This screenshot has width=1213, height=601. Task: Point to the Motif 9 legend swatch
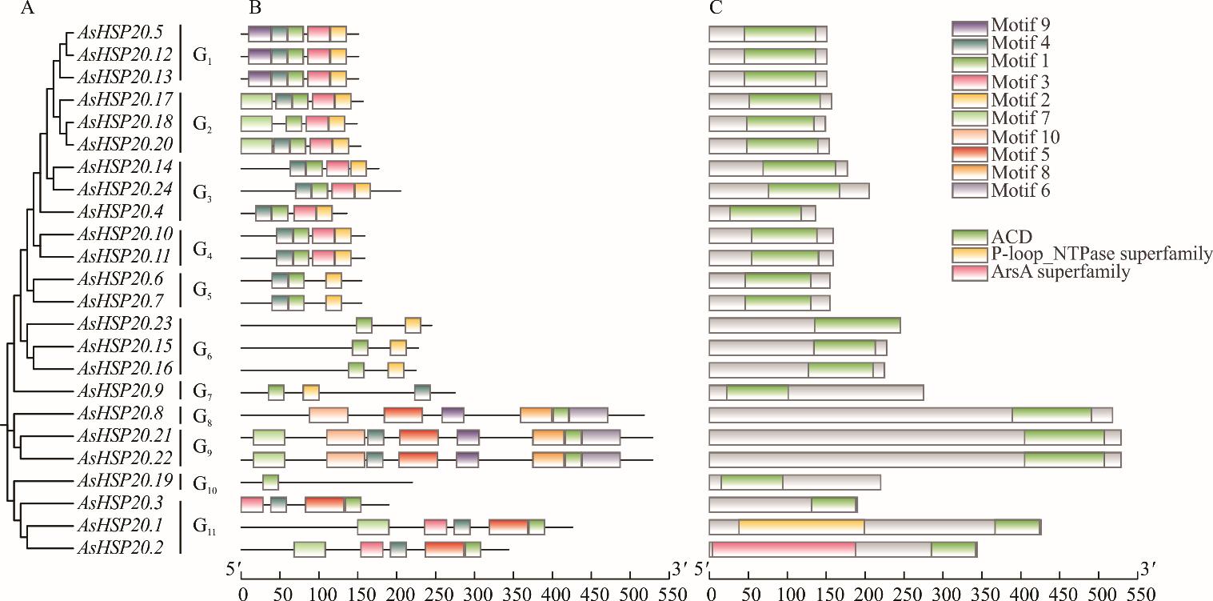[969, 27]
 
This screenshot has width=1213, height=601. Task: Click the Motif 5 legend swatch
[969, 154]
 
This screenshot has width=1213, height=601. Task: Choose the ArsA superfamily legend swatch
[969, 273]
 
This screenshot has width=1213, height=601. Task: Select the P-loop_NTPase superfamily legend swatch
[969, 254]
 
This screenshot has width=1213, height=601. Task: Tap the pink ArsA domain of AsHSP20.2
[783, 549]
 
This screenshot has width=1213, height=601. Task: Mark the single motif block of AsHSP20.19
[270, 482]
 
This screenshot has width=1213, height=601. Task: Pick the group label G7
[202, 393]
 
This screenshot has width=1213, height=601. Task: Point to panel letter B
[254, 10]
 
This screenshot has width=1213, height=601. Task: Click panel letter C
[716, 10]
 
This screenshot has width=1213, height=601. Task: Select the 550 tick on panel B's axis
[670, 593]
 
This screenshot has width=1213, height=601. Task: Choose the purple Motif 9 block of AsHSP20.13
[259, 78]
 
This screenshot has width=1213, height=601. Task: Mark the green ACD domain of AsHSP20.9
[757, 393]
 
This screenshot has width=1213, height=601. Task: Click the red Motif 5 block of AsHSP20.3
[325, 504]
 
